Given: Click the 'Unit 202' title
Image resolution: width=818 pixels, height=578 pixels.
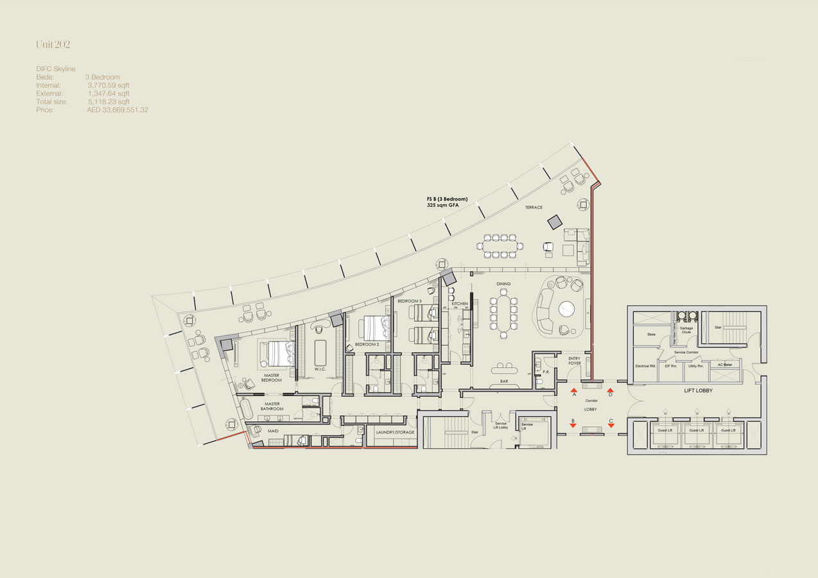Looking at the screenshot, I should (53, 45).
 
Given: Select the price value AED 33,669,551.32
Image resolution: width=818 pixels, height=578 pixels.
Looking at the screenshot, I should (117, 110).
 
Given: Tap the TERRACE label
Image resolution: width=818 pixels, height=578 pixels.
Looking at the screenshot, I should (534, 207).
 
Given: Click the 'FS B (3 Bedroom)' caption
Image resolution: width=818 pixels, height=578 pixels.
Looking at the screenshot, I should (447, 199).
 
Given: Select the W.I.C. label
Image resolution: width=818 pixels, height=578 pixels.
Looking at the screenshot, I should (321, 378).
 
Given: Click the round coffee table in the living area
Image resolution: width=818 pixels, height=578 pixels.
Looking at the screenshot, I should (567, 310).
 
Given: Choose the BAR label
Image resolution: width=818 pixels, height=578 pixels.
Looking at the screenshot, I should (504, 381).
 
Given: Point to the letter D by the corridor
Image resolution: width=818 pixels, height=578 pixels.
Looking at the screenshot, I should (611, 395).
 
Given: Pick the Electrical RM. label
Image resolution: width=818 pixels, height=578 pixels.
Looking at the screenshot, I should (645, 366).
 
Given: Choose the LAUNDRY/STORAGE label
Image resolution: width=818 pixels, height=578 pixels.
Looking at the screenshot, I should (395, 432).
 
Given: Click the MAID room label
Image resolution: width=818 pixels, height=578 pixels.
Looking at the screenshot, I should (273, 432).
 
